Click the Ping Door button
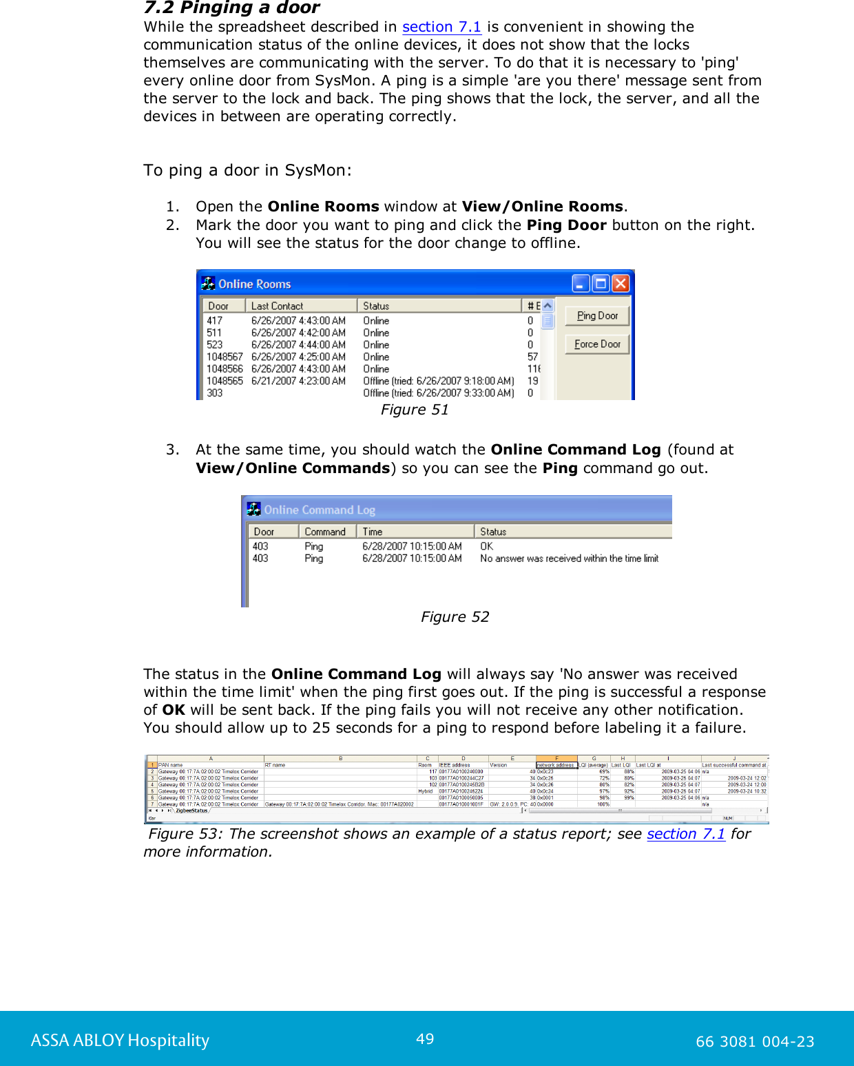(597, 315)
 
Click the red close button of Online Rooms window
(621, 284)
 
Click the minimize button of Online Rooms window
(581, 284)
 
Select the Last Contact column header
(300, 306)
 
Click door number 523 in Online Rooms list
(215, 345)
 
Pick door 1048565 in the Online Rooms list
(225, 381)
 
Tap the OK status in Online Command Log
(486, 546)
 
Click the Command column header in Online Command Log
(326, 532)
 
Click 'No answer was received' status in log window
(569, 558)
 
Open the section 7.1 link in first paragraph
(441, 27)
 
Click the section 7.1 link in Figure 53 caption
(685, 834)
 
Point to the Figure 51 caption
(415, 410)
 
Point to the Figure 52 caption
(455, 617)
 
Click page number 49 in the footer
(425, 1038)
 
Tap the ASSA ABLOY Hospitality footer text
(120, 1040)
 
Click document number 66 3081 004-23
(755, 1041)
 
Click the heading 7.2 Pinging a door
(231, 8)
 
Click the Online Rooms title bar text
(254, 284)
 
